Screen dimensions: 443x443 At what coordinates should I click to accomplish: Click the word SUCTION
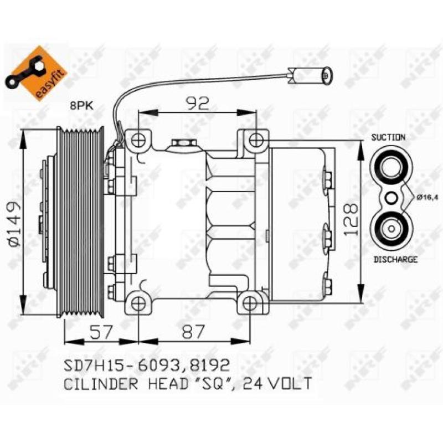(388, 137)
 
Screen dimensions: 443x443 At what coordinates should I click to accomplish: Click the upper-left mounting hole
(138, 138)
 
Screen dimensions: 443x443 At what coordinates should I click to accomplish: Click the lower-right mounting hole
(250, 303)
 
